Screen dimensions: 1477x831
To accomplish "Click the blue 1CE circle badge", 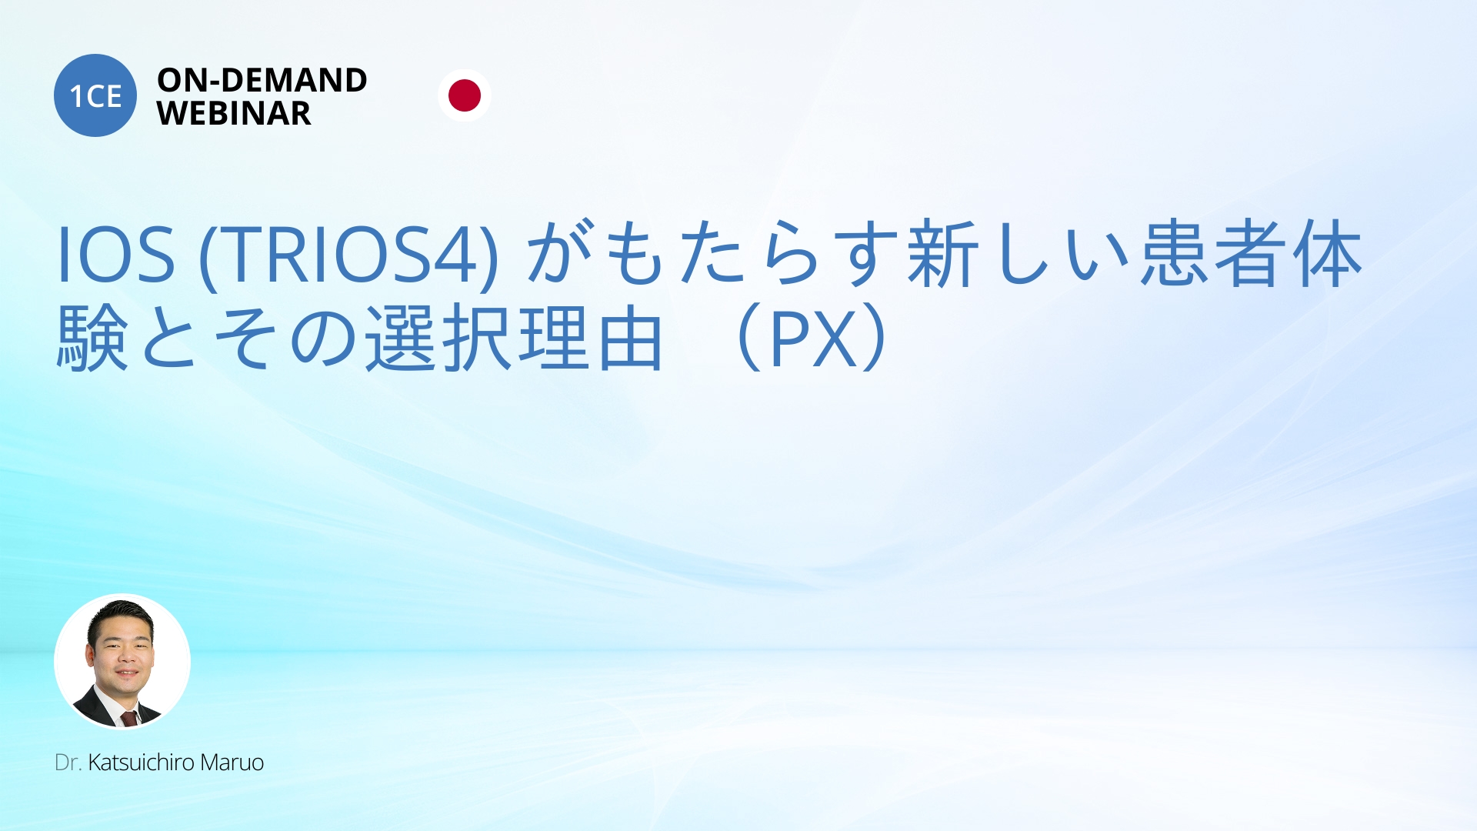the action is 95,95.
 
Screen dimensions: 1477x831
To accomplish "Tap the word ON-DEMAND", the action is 262,80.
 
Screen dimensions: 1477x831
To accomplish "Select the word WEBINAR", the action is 234,114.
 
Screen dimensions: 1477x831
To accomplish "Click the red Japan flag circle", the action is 465,95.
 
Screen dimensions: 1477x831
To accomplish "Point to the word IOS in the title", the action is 116,255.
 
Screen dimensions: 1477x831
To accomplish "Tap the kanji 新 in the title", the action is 943,254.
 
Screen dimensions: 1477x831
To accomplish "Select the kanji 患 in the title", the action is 1175,254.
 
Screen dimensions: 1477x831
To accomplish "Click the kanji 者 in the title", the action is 1251,254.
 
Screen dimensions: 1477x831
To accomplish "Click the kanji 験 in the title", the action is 93,337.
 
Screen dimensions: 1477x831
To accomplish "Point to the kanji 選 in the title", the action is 401,337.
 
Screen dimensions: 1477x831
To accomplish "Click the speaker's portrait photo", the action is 122,661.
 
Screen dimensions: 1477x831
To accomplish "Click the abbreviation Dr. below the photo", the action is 68,763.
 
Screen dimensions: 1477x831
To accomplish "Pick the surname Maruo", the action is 232,763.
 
